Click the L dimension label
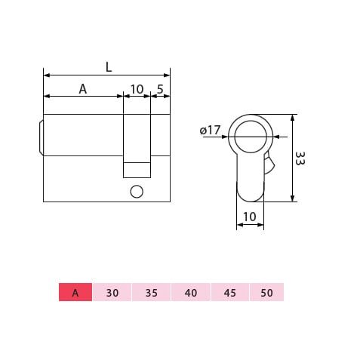109,67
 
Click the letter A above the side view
83,89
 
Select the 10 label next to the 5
137,89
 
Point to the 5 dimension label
160,89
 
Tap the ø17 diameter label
210,131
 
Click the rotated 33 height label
300,158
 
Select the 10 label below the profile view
251,217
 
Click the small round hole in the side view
137,192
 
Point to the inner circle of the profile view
251,137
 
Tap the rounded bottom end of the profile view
251,196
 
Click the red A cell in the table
75,292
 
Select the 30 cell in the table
112,292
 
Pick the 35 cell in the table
151,292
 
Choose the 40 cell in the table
189,292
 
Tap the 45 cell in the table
228,292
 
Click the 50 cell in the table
266,292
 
